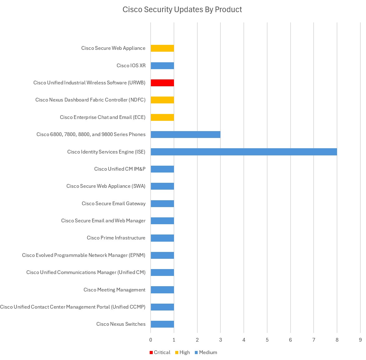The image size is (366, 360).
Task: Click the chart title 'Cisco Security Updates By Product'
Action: (x=182, y=10)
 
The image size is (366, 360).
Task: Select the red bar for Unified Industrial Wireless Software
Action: (x=162, y=83)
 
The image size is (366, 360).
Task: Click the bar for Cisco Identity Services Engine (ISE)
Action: (x=243, y=152)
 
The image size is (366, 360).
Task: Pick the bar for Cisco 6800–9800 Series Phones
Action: (x=185, y=135)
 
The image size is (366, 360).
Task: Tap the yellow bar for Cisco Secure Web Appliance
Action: (x=162, y=48)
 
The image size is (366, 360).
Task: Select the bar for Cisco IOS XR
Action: (x=162, y=66)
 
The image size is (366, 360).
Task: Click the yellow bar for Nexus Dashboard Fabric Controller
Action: (x=162, y=100)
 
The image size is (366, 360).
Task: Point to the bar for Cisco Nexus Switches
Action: (x=162, y=324)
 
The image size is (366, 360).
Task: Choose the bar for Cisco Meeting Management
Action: (x=162, y=290)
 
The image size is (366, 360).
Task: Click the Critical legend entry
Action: (x=160, y=353)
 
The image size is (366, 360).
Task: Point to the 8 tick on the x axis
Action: (x=337, y=340)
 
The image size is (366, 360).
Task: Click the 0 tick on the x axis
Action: (x=151, y=340)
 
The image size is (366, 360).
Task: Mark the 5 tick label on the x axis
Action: (x=267, y=340)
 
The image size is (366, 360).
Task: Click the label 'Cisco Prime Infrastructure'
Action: (x=116, y=238)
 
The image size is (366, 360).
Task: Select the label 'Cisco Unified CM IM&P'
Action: (x=120, y=169)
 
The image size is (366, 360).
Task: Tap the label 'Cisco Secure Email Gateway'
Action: (x=113, y=204)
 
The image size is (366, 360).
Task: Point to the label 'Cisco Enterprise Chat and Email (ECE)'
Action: (x=103, y=117)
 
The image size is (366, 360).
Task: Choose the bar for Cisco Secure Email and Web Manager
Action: (x=162, y=221)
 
